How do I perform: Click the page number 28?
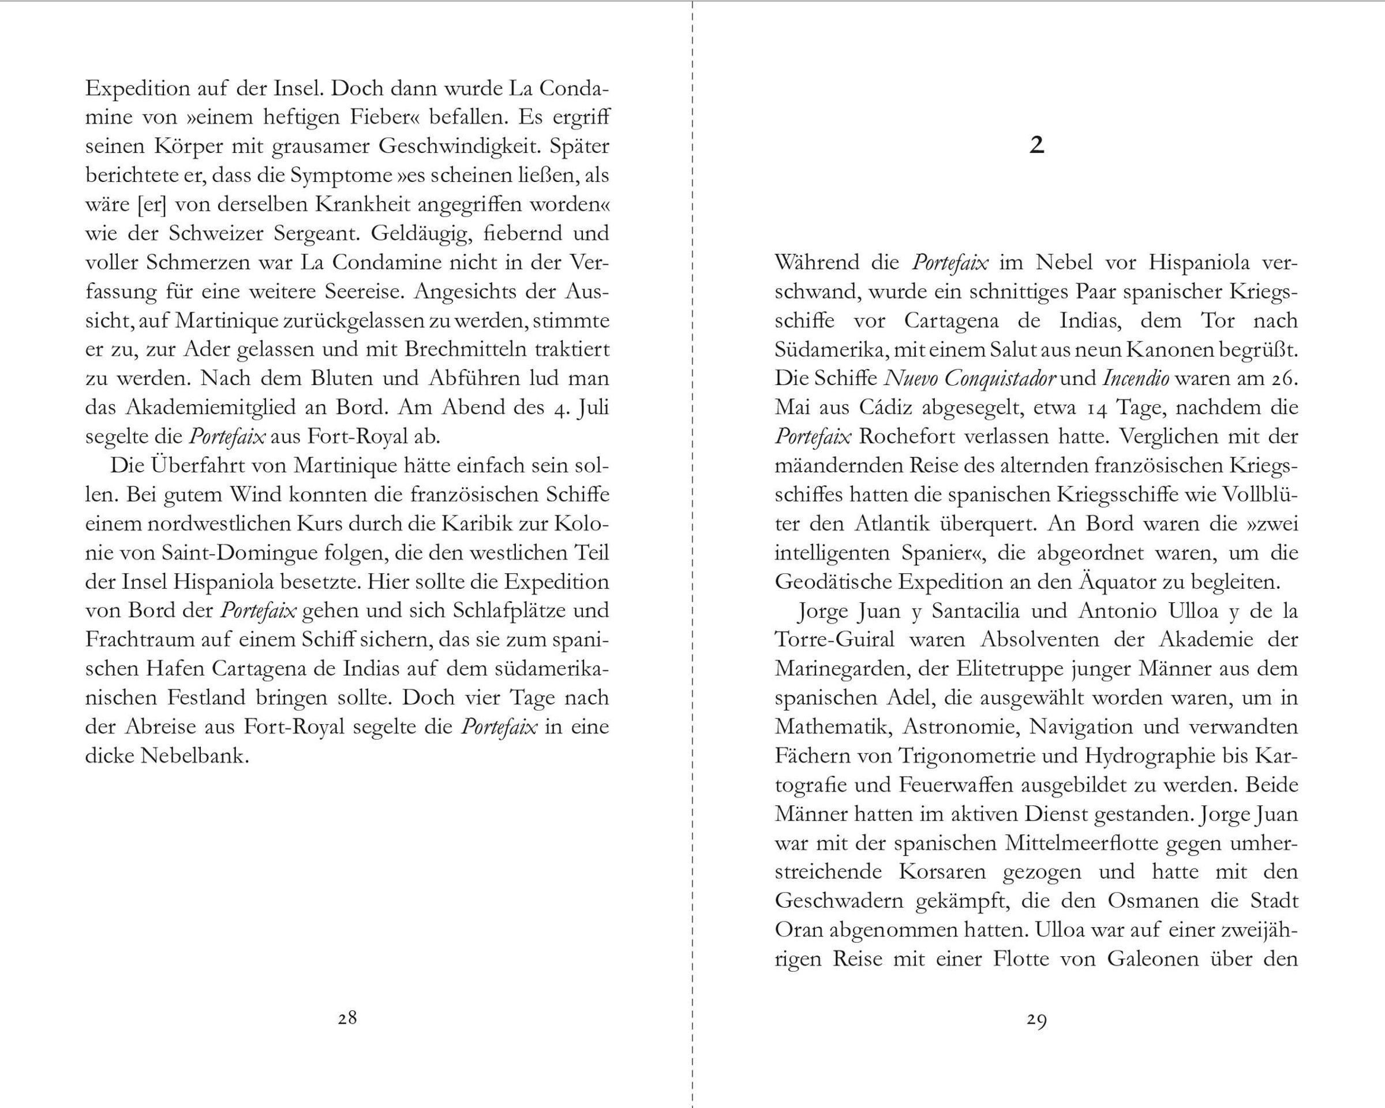point(347,1017)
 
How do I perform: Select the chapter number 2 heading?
point(1037,146)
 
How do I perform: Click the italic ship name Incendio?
point(1135,379)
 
